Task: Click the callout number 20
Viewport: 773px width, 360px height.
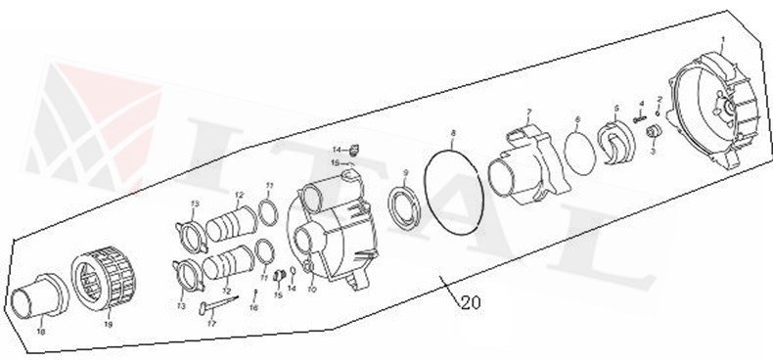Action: point(470,302)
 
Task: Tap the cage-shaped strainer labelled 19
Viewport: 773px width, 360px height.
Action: point(104,278)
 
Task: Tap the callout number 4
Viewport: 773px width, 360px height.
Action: point(640,104)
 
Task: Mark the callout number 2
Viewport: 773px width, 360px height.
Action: point(659,100)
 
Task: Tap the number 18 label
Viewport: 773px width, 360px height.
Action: point(40,332)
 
